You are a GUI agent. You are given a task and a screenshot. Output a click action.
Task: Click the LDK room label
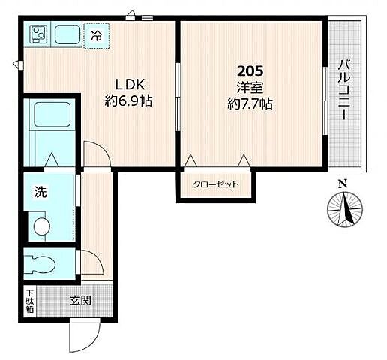pos(130,85)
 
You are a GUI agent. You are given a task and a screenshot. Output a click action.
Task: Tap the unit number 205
pos(250,71)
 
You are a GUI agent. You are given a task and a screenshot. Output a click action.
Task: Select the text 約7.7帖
pos(250,103)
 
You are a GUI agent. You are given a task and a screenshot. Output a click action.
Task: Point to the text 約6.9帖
pos(128,100)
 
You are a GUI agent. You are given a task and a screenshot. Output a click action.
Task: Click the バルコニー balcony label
pos(344,89)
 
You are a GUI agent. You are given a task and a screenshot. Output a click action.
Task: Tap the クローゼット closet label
pos(215,184)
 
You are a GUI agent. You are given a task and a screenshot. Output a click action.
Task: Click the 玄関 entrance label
pos(80,300)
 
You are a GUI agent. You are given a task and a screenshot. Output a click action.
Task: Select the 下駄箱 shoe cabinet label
pos(30,301)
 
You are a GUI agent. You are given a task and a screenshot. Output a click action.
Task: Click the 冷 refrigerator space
pos(97,36)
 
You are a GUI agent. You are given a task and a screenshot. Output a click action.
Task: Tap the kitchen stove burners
pos(39,34)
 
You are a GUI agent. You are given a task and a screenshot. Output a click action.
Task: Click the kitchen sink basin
pos(67,34)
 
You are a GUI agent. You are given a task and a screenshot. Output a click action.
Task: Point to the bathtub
pos(52,114)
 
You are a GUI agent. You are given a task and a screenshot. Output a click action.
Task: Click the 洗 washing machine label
pos(40,192)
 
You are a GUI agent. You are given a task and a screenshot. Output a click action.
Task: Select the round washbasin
pos(42,226)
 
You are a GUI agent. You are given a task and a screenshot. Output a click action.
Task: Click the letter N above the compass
pos(343,184)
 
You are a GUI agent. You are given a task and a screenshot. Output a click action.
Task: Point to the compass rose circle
pos(345,209)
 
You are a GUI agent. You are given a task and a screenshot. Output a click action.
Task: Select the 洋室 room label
pos(250,87)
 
